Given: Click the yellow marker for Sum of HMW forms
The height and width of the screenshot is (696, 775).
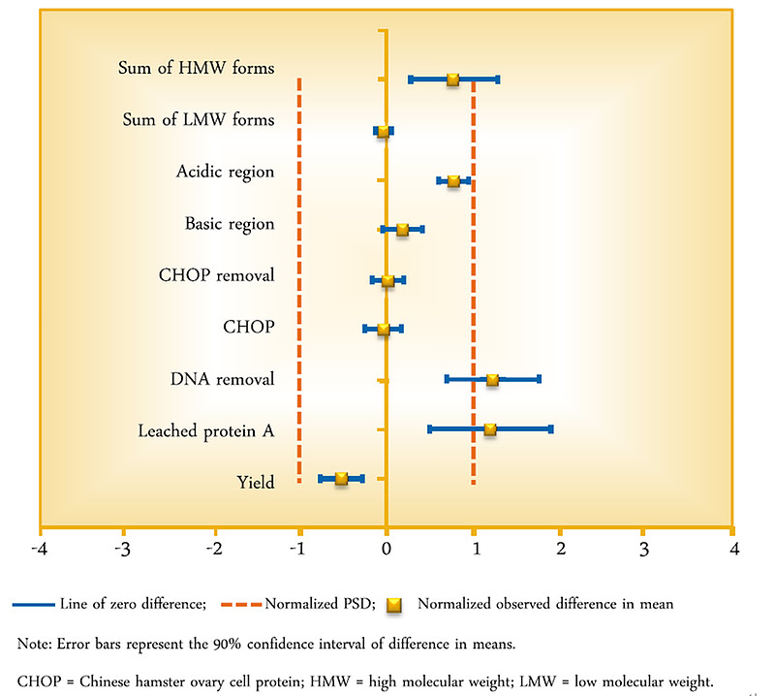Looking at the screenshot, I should pos(452,79).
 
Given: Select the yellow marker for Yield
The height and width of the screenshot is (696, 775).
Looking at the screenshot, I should pos(341,479).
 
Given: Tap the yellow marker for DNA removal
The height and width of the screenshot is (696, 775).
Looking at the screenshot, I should pos(492,379).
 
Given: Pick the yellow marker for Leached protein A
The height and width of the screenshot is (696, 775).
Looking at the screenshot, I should pos(490,428).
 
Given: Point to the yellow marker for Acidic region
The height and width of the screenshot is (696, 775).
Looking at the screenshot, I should pos(453,180).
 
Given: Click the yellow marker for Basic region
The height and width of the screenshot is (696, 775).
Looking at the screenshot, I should pos(402,230).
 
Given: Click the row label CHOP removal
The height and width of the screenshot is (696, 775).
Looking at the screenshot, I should pos(216,275).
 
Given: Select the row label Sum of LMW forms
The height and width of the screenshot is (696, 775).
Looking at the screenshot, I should pos(199,120).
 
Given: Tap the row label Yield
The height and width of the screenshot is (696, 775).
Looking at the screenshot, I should pos(256,482).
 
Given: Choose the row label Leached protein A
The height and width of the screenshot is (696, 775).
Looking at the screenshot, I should pos(205,430).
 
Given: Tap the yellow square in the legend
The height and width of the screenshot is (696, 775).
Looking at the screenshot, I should pos(393,604).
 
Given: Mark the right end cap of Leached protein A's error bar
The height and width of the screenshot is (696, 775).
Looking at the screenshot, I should pos(550,428).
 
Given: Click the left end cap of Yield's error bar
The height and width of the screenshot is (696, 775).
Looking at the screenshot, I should pos(321,479).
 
